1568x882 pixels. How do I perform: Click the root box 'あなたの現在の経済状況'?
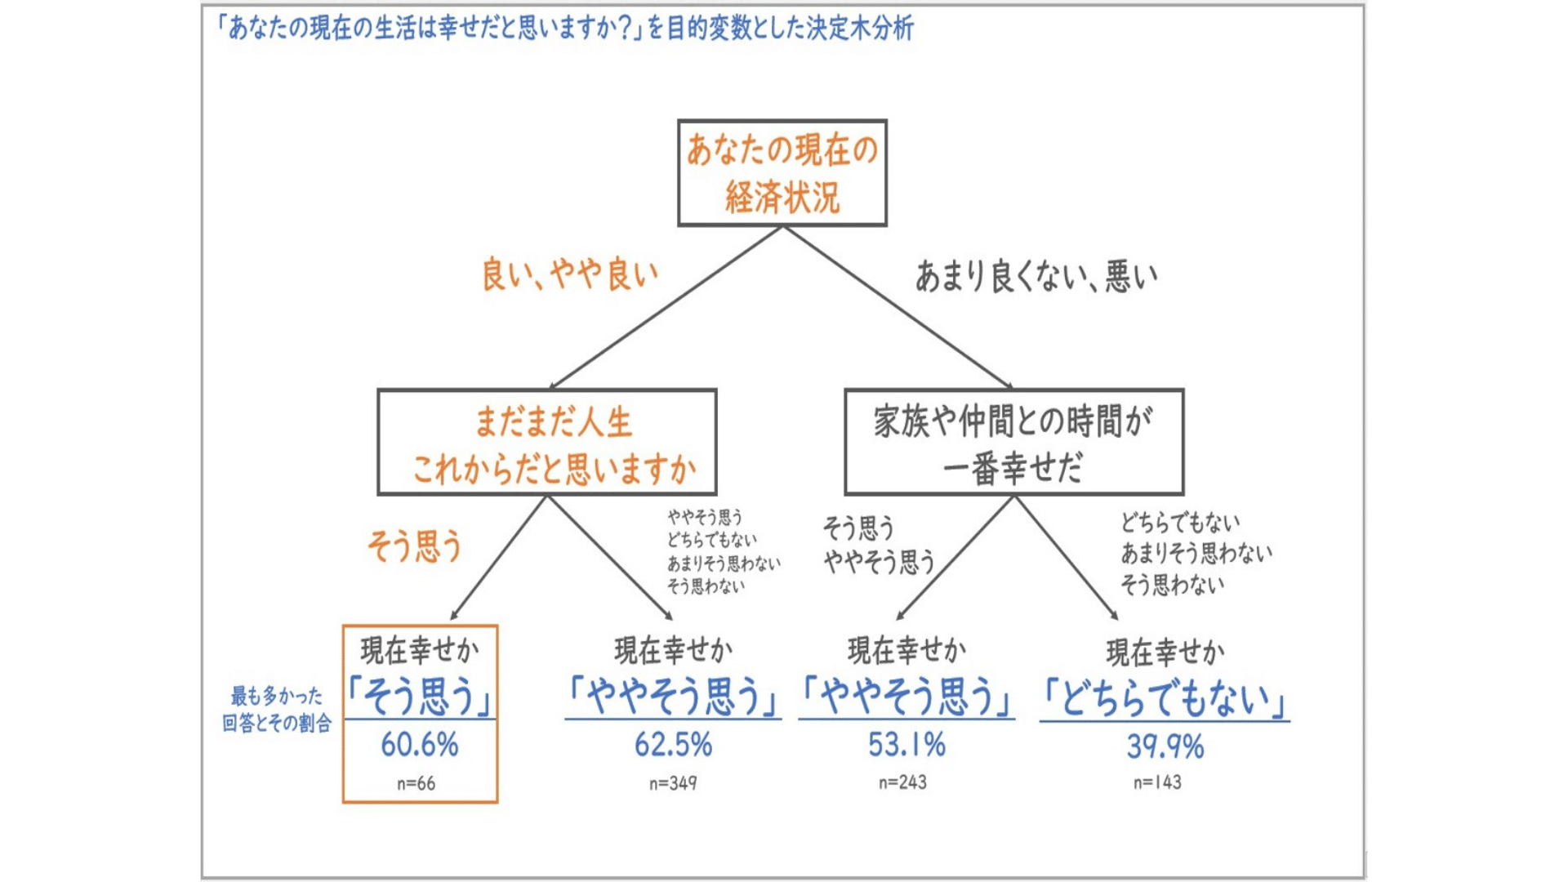tap(782, 173)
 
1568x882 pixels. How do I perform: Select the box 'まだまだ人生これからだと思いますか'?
tap(546, 443)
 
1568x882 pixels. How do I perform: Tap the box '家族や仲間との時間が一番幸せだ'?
tap(1013, 443)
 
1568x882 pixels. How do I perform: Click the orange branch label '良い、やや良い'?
tap(569, 274)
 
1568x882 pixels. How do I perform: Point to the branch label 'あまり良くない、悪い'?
tap(1036, 277)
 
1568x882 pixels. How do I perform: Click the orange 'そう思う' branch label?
tap(414, 546)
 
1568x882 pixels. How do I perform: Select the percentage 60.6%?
tap(420, 745)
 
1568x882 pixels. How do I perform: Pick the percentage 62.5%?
tap(673, 745)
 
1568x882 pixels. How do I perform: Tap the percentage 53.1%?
tap(906, 745)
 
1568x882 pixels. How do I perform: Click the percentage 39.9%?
tap(1165, 746)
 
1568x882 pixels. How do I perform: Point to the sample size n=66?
tap(416, 784)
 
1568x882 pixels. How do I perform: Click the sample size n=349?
tap(673, 784)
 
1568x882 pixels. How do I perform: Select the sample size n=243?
tap(902, 782)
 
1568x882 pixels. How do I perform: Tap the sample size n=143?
tap(1157, 782)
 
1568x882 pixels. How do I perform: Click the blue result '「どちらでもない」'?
tap(1165, 699)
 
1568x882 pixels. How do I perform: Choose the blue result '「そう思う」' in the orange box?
tap(420, 697)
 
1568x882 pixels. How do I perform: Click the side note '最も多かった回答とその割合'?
tap(277, 709)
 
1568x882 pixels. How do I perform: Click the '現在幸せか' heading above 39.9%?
tap(1165, 652)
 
